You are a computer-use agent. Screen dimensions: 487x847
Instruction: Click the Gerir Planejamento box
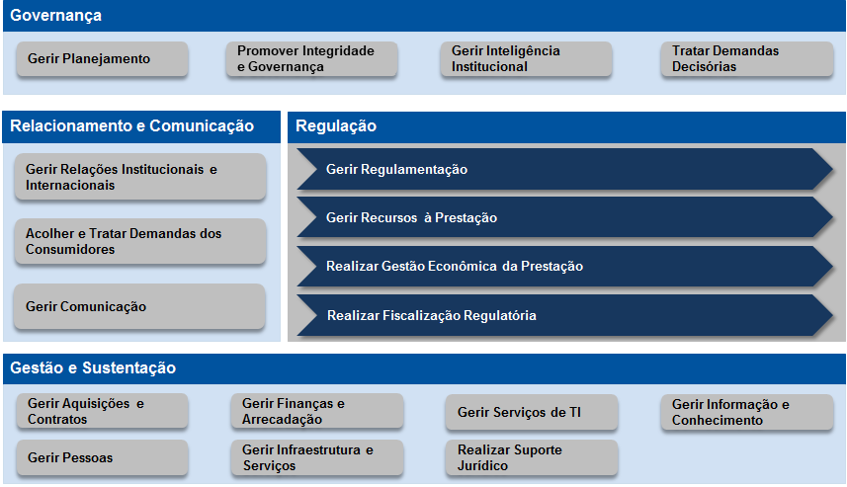102,59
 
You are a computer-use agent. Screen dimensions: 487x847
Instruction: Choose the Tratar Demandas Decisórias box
745,58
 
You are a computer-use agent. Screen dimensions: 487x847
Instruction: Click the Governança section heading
56,16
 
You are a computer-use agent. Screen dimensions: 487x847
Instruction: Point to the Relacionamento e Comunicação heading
132,126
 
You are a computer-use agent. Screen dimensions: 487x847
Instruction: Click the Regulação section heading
336,126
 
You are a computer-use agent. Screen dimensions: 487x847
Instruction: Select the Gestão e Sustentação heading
93,368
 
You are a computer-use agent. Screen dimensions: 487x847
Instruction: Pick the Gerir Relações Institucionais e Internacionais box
140,178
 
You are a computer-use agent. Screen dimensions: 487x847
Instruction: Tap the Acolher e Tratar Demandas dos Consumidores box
140,242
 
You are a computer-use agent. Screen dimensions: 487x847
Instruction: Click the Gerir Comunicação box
140,307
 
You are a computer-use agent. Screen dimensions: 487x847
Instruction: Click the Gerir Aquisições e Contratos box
102,412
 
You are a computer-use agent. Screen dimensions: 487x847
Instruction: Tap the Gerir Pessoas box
102,458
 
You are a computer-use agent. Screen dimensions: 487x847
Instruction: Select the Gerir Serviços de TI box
532,413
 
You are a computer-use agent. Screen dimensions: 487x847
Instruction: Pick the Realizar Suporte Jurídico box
532,458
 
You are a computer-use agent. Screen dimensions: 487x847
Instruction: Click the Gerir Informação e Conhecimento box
746,412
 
